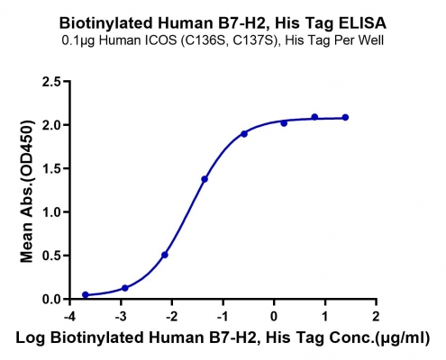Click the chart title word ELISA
point(362,22)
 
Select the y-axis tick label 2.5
point(51,82)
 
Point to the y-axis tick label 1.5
point(51,168)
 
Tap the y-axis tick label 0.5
point(51,256)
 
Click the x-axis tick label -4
point(69,316)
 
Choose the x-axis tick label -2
point(172,316)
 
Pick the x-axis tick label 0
point(274,316)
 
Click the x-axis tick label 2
point(376,316)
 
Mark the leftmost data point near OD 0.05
point(86,294)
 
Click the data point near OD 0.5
point(165,255)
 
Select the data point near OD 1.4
point(205,179)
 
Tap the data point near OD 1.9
point(244,134)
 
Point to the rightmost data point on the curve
point(345,117)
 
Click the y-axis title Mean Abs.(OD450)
point(27,192)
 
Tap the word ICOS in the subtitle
point(164,40)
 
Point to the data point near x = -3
point(125,288)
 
